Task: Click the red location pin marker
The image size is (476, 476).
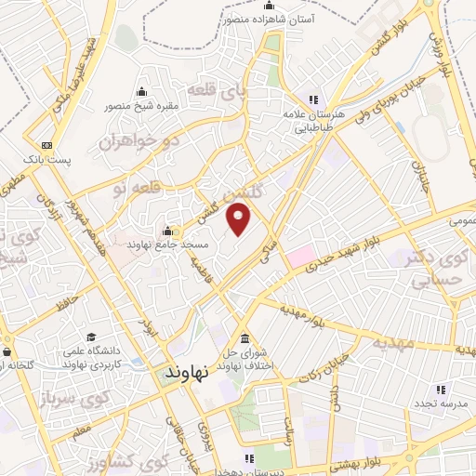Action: (x=240, y=220)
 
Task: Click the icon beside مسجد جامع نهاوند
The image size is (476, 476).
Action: (x=168, y=231)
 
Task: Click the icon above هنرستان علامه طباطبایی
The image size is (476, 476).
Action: (x=314, y=99)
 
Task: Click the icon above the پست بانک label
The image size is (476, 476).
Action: (x=46, y=145)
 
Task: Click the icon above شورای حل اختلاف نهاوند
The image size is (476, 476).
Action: (x=244, y=338)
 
